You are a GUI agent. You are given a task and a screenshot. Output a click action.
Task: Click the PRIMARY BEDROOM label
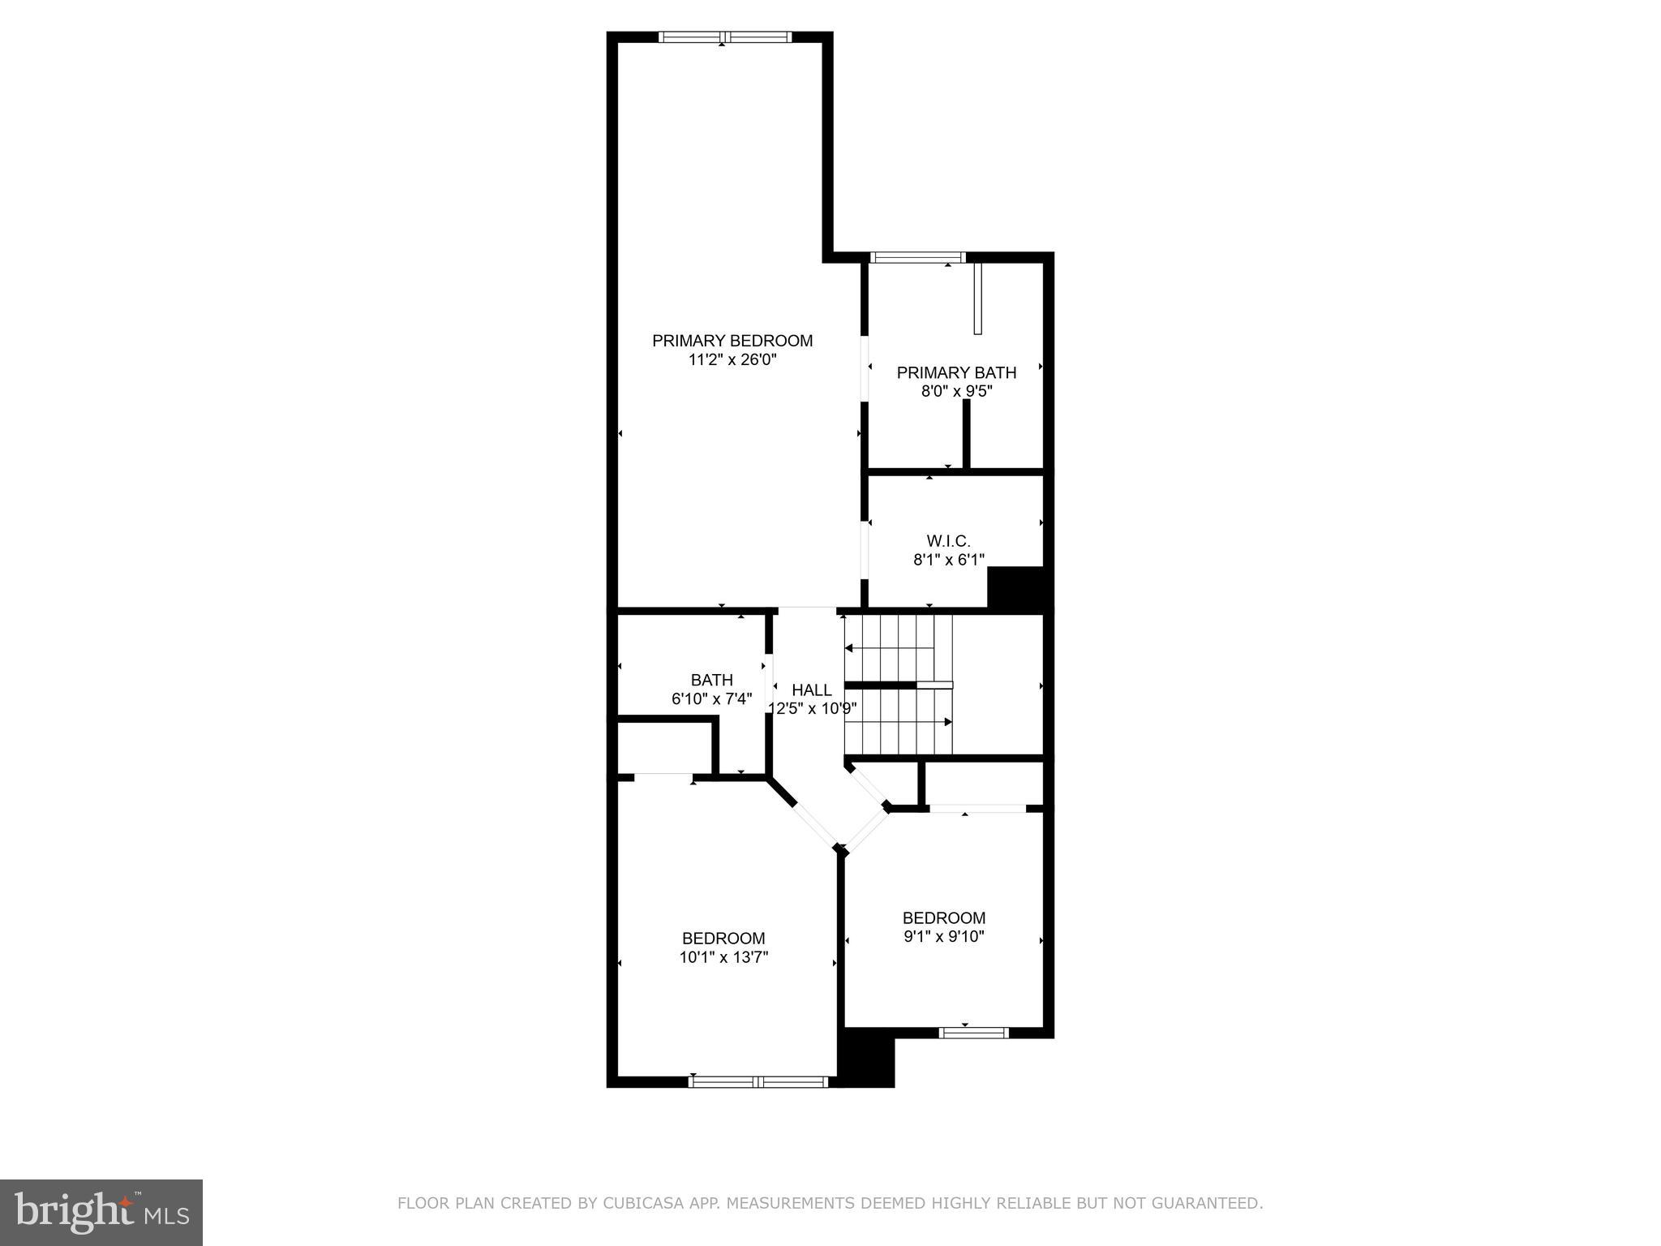point(732,341)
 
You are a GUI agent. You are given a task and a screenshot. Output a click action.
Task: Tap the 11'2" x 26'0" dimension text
point(732,360)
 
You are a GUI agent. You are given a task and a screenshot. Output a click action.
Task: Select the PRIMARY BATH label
point(956,372)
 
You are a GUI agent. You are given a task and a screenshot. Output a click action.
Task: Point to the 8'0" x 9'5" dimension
point(956,391)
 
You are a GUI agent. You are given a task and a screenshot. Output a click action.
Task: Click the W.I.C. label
point(948,540)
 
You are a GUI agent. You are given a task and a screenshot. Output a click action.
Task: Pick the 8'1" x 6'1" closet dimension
point(948,559)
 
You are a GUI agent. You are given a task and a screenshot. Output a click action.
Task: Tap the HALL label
point(812,690)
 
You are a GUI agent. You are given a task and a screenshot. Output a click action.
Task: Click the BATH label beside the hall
point(712,680)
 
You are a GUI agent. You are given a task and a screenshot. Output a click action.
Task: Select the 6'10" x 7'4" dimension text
point(712,698)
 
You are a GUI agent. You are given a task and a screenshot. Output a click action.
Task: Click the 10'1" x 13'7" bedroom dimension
point(723,957)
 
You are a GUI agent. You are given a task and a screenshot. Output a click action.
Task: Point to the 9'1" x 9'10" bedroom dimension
point(943,936)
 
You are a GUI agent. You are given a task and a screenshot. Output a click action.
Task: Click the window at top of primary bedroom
point(724,37)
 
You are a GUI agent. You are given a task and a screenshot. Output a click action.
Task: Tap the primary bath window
point(918,258)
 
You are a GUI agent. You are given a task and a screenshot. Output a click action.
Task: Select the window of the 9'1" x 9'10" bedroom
point(973,1033)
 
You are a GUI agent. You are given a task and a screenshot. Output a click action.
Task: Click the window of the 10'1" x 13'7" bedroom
point(758,1081)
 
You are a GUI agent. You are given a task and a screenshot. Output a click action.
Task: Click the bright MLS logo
point(101,1212)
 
